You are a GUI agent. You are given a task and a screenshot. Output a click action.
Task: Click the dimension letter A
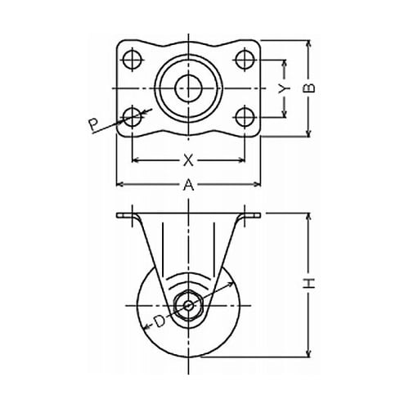188,185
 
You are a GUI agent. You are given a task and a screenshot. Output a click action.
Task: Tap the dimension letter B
309,88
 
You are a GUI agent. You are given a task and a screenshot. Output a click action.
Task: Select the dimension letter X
188,160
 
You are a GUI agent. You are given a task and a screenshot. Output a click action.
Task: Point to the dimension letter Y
284,88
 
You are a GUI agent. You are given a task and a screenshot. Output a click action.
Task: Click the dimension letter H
309,284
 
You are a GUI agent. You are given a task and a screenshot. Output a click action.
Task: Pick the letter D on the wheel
160,321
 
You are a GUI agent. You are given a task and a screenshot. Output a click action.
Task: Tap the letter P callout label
94,125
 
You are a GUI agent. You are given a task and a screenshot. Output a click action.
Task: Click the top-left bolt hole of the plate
133,60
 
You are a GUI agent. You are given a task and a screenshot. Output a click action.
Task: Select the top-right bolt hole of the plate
245,60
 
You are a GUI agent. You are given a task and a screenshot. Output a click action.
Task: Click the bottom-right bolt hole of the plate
245,118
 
